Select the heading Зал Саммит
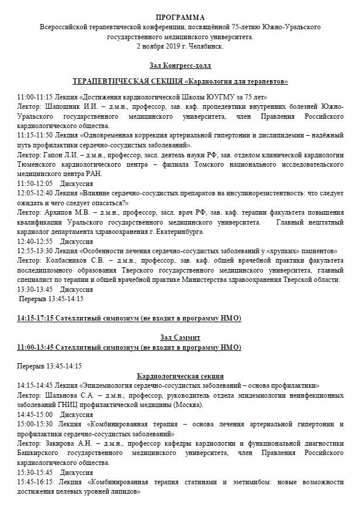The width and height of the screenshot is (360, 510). [x=179, y=338]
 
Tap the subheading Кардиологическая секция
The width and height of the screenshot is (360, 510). [x=180, y=375]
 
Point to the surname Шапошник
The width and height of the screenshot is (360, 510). [x=63, y=106]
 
